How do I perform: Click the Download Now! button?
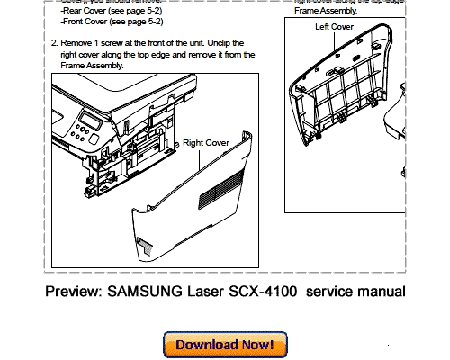click(225, 345)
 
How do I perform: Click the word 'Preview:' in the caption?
click(76, 292)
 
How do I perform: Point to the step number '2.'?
click(55, 42)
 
